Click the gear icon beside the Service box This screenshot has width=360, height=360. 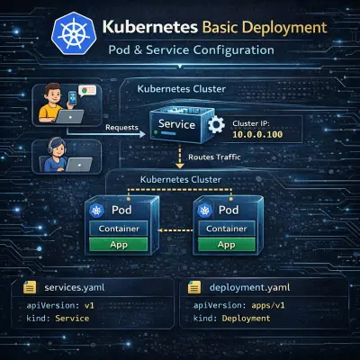215,126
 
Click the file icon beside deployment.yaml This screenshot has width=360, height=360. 193,288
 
